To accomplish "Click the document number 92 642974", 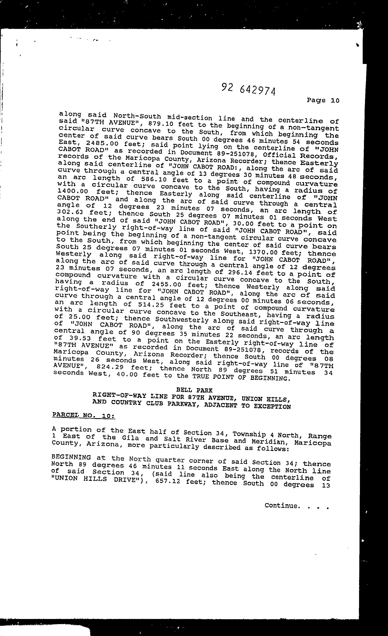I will point(248,89).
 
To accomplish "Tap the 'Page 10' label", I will point(323,100).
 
